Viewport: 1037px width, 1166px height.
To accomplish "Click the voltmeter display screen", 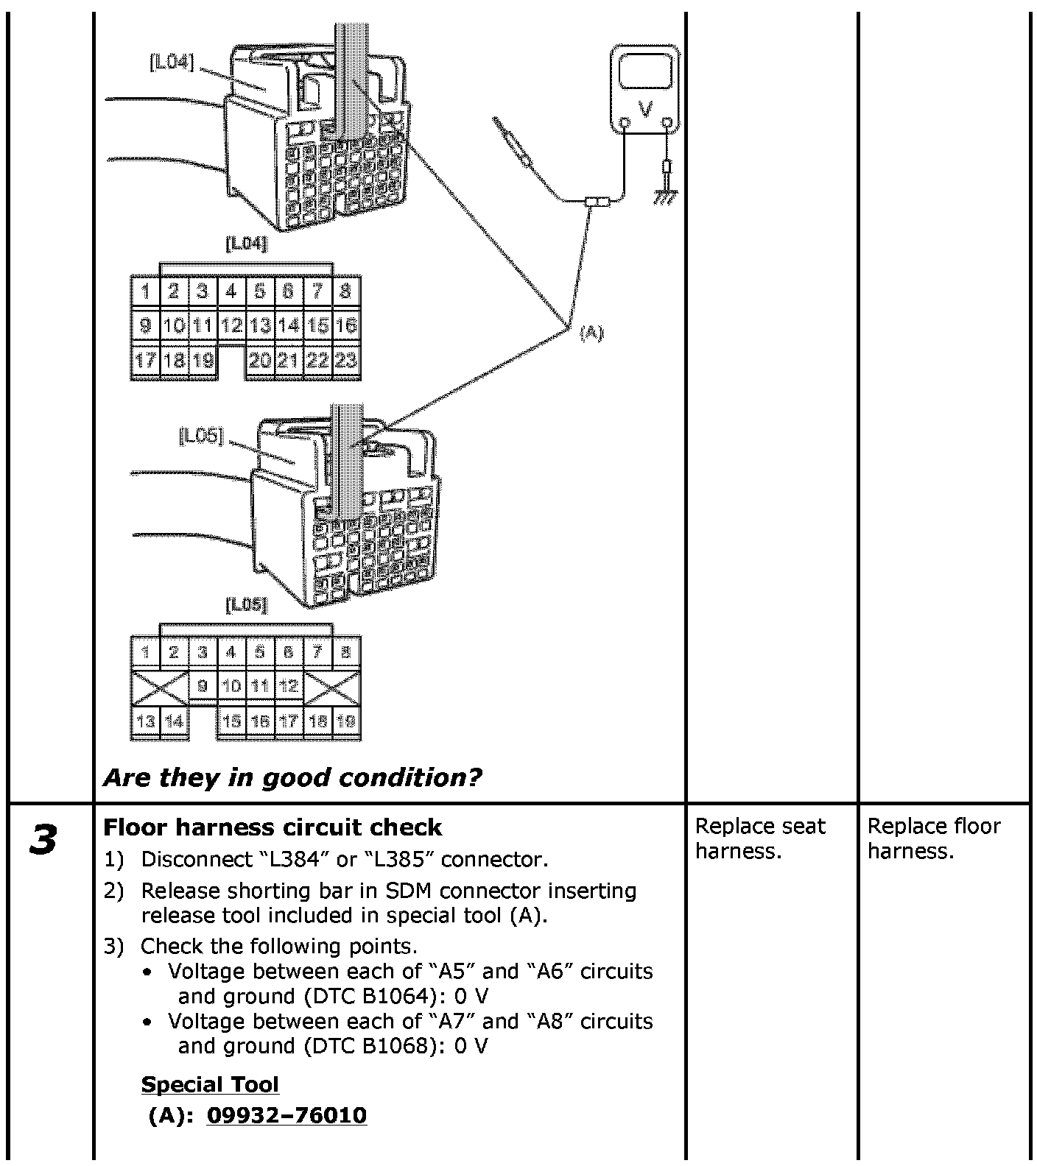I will [x=645, y=74].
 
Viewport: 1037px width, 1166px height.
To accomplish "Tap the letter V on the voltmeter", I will [x=645, y=110].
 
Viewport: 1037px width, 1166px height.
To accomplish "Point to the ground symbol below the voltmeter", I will [x=667, y=196].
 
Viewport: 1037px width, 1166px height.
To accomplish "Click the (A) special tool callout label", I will [x=591, y=333].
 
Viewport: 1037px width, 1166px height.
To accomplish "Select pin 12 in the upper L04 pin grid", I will [x=231, y=325].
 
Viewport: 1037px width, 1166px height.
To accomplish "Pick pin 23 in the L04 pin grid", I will [x=346, y=360].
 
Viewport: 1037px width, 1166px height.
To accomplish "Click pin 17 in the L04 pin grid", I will [x=144, y=360].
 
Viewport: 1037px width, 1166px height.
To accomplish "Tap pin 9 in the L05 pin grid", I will [x=203, y=686].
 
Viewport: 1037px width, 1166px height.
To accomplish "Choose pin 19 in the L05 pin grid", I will [x=346, y=721].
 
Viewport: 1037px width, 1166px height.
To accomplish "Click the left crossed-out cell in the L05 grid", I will [x=159, y=686].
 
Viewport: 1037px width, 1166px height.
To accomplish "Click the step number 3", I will [x=44, y=840].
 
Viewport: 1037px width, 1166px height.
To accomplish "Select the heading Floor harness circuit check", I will [x=273, y=827].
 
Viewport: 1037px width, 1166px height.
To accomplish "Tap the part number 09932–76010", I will [x=287, y=1115].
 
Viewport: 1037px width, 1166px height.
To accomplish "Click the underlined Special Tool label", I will [x=210, y=1084].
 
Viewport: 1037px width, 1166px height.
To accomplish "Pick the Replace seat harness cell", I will [x=760, y=838].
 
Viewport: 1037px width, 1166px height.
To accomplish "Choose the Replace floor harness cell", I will [x=934, y=838].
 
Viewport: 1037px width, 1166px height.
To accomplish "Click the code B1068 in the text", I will [x=396, y=1046].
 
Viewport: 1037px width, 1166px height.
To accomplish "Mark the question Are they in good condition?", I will [x=292, y=777].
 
